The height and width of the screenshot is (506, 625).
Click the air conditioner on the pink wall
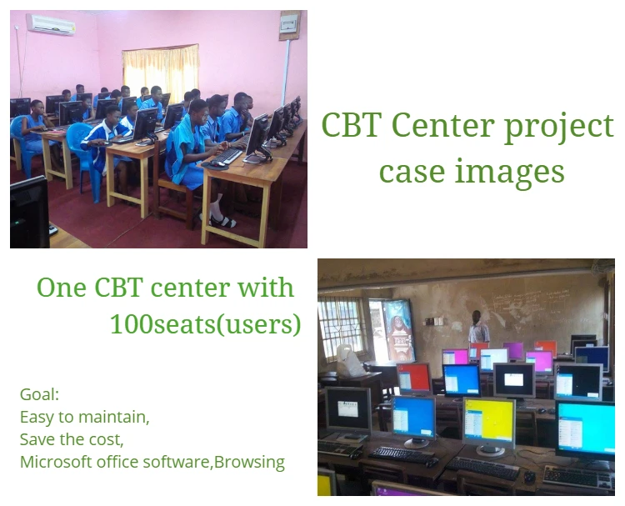tap(51, 24)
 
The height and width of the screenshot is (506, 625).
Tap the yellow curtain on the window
tap(161, 72)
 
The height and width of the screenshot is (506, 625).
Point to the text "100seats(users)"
tap(205, 324)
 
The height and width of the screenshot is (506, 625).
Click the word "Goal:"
tap(39, 395)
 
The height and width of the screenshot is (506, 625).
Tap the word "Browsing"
tap(249, 463)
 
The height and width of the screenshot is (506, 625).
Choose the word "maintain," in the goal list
tap(113, 417)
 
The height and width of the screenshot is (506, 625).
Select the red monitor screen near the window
tap(414, 377)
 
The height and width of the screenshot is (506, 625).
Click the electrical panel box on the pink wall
tap(289, 25)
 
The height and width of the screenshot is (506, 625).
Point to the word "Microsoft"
tap(56, 462)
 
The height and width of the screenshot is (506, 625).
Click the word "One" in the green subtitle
tap(62, 287)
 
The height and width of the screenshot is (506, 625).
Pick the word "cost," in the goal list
tap(107, 440)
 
